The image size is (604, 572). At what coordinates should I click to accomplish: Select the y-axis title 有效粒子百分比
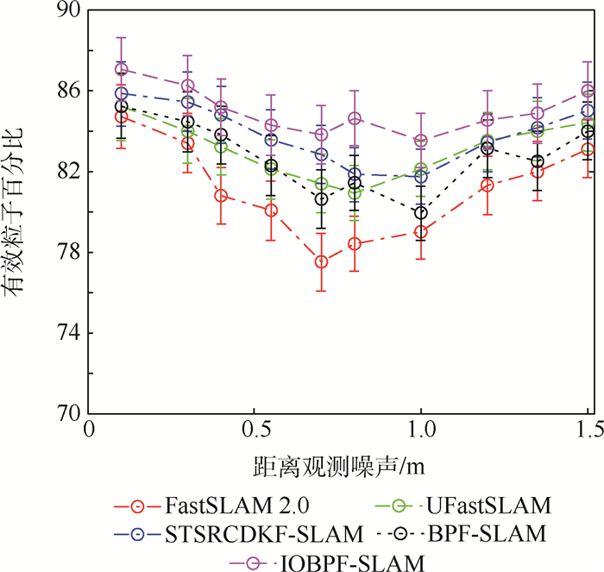[x=17, y=211]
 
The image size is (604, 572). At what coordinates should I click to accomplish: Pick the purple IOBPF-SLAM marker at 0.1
[x=121, y=69]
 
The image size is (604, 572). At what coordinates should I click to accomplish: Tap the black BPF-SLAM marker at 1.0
[x=421, y=212]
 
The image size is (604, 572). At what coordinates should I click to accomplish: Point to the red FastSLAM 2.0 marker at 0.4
[x=221, y=195]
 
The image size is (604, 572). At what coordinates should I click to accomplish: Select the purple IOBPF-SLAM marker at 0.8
[x=355, y=118]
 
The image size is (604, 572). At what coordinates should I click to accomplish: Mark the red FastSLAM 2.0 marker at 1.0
[x=421, y=231]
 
